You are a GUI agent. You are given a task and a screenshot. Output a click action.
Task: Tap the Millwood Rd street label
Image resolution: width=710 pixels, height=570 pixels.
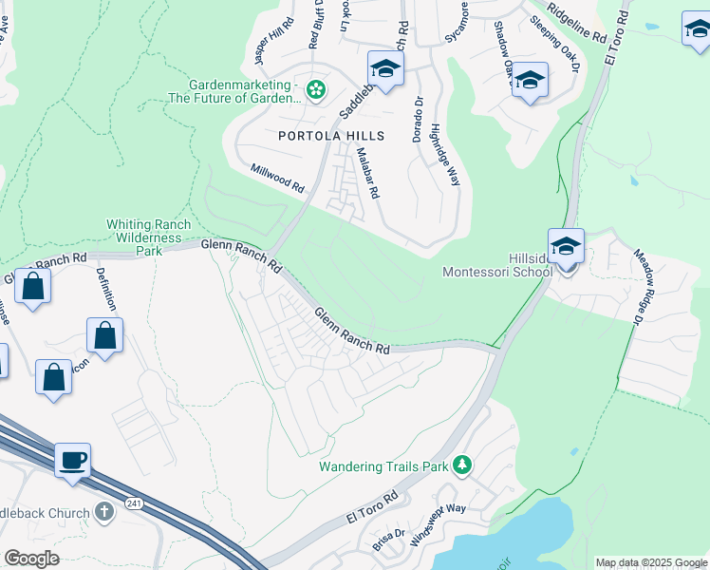point(276,178)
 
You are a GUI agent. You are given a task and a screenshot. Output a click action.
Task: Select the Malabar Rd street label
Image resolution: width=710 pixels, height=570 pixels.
point(367,172)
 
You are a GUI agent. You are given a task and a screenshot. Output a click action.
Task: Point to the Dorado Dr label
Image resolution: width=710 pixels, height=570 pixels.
point(418,119)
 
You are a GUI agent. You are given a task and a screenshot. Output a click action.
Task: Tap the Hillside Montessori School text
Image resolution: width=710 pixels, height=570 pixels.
point(497,264)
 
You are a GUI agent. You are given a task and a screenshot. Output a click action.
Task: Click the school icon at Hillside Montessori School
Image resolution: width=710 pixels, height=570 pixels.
point(566,247)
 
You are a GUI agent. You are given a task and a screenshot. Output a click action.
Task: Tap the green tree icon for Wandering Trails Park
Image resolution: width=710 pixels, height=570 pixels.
point(461,465)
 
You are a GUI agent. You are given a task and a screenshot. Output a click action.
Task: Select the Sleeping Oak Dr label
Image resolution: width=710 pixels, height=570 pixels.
point(554,44)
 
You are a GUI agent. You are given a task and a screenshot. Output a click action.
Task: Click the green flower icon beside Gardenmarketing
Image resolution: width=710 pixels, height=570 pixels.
point(316,90)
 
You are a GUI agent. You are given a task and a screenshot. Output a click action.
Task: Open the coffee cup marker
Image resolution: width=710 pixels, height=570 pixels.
point(73,461)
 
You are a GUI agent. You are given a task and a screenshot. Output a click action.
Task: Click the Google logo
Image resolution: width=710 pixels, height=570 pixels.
point(32,559)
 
